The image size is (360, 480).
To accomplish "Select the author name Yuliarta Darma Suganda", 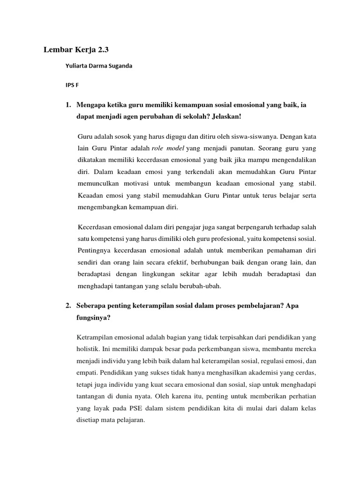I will coord(98,66).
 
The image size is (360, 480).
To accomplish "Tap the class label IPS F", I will coord(72,86).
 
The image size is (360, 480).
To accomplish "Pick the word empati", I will coord(86,373).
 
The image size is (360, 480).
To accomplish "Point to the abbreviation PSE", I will coord(128,408).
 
